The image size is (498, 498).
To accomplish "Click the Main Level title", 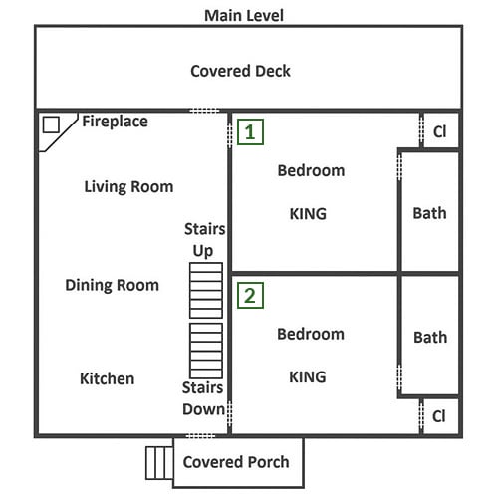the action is click(244, 16).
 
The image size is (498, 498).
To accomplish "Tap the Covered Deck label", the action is click(240, 71).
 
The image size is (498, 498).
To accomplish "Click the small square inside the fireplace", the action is click(51, 124).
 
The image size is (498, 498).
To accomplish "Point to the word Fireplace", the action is click(115, 122).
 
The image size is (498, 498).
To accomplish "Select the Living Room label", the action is click(128, 186).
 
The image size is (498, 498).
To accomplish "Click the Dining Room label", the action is click(113, 285).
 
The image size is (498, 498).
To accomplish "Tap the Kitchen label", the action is click(108, 378).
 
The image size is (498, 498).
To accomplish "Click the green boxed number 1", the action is click(250, 132).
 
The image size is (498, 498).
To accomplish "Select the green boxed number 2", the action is click(250, 296).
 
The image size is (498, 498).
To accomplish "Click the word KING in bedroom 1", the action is click(308, 214).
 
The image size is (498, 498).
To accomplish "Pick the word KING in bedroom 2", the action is click(308, 377).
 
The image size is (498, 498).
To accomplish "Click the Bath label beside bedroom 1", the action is click(429, 213).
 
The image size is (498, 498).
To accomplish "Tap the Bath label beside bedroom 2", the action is click(430, 338).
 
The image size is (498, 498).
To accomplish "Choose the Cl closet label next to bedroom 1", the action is click(440, 131).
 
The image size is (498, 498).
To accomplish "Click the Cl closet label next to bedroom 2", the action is click(439, 416).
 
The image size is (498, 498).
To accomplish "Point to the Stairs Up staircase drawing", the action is click(206, 291).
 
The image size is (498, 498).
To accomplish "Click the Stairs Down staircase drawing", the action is click(206, 351).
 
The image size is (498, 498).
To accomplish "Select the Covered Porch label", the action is click(236, 462).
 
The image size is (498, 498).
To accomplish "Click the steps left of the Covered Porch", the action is click(159, 463).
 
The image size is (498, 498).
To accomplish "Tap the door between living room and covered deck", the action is click(204, 111).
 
